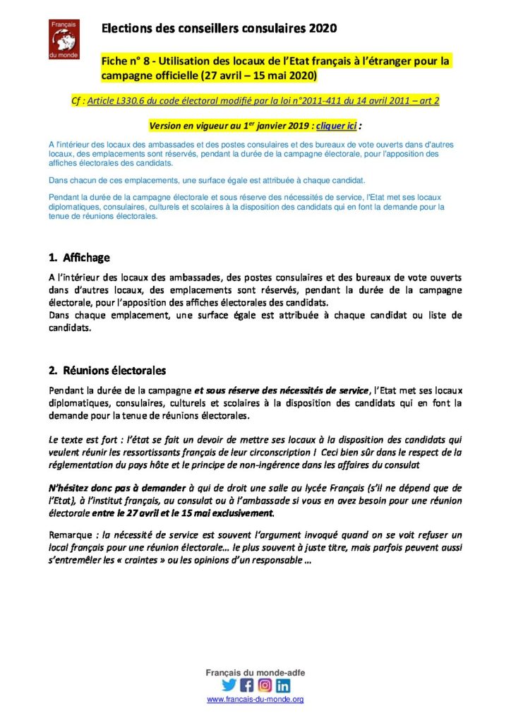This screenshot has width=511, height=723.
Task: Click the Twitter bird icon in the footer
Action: pos(229,685)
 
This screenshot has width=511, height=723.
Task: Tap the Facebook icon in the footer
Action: pos(247,685)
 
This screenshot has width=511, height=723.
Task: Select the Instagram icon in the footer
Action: pos(265,685)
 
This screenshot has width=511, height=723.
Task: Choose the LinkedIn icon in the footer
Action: pos(283,685)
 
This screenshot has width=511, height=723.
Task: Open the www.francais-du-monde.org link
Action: pos(255,699)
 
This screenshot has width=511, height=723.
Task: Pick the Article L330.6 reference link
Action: pos(263,100)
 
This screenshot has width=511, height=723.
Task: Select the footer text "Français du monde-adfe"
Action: pos(255,673)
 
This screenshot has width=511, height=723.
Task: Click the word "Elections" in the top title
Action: pos(125,28)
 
